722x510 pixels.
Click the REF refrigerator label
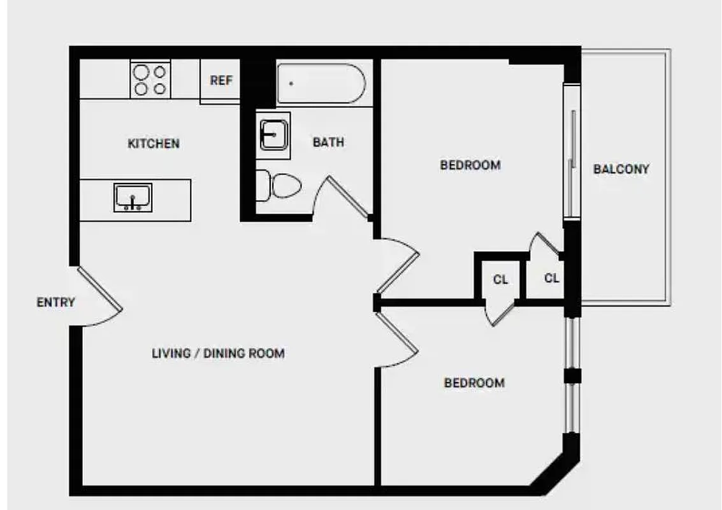(x=221, y=81)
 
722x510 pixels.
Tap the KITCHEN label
(x=154, y=143)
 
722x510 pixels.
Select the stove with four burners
(x=150, y=80)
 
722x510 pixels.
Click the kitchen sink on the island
(x=133, y=198)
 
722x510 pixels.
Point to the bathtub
(x=320, y=84)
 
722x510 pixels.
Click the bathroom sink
(x=275, y=132)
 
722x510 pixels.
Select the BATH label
(x=328, y=142)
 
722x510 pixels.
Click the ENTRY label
(x=55, y=302)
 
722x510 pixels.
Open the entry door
(x=100, y=296)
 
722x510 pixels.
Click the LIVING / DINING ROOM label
(x=218, y=353)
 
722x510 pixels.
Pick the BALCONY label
(x=621, y=169)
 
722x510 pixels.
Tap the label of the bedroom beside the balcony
(x=470, y=165)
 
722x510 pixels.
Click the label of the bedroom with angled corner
(x=474, y=382)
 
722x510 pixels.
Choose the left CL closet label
(x=501, y=279)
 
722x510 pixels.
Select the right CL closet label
(x=552, y=278)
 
